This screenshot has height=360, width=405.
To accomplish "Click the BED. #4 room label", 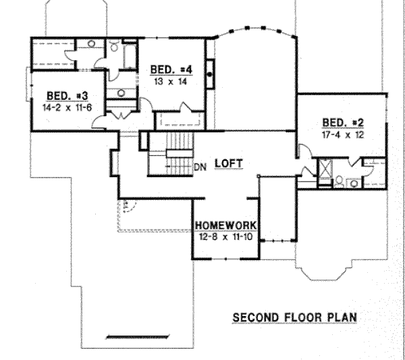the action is (171, 70).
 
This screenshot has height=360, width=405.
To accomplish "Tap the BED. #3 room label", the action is (67, 96).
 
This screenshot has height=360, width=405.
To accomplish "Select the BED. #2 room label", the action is (343, 122).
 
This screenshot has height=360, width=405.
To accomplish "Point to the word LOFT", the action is (229, 163).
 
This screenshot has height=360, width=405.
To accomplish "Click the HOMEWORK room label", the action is (226, 226).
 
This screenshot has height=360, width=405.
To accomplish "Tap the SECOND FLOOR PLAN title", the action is (295, 317).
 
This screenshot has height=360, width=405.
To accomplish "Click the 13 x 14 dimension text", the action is (171, 82).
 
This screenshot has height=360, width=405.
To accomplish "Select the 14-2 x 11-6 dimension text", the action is (67, 107).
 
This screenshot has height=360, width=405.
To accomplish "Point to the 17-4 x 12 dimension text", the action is (343, 134).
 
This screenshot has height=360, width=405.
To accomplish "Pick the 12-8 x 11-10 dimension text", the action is (225, 236).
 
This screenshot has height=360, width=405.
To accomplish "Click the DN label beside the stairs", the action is (200, 168).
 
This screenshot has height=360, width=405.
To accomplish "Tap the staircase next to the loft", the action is (171, 154).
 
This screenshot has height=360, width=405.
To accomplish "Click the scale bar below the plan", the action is (138, 337).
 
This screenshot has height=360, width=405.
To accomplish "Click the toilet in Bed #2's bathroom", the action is (339, 182).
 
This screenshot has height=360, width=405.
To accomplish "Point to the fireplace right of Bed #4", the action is (210, 74).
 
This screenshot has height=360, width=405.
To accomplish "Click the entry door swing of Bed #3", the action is (99, 122).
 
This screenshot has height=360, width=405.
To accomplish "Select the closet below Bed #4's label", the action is (180, 120).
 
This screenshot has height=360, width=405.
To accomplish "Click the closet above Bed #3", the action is (53, 54).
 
